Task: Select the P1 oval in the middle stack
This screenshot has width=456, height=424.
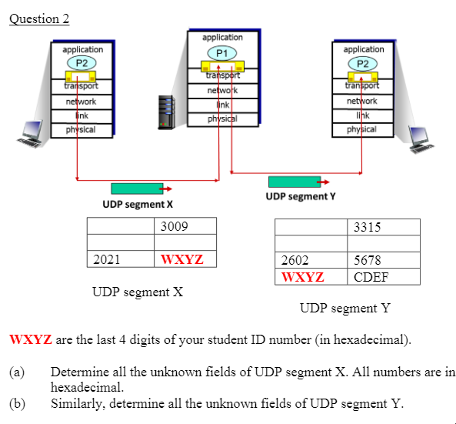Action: (222, 53)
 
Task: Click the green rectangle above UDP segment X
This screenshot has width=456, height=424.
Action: (137, 189)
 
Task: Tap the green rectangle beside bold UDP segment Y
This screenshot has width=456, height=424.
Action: (294, 182)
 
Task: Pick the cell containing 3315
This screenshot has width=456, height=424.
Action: (384, 227)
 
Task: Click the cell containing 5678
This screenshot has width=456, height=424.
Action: (384, 261)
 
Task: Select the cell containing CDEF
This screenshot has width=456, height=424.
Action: (384, 277)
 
